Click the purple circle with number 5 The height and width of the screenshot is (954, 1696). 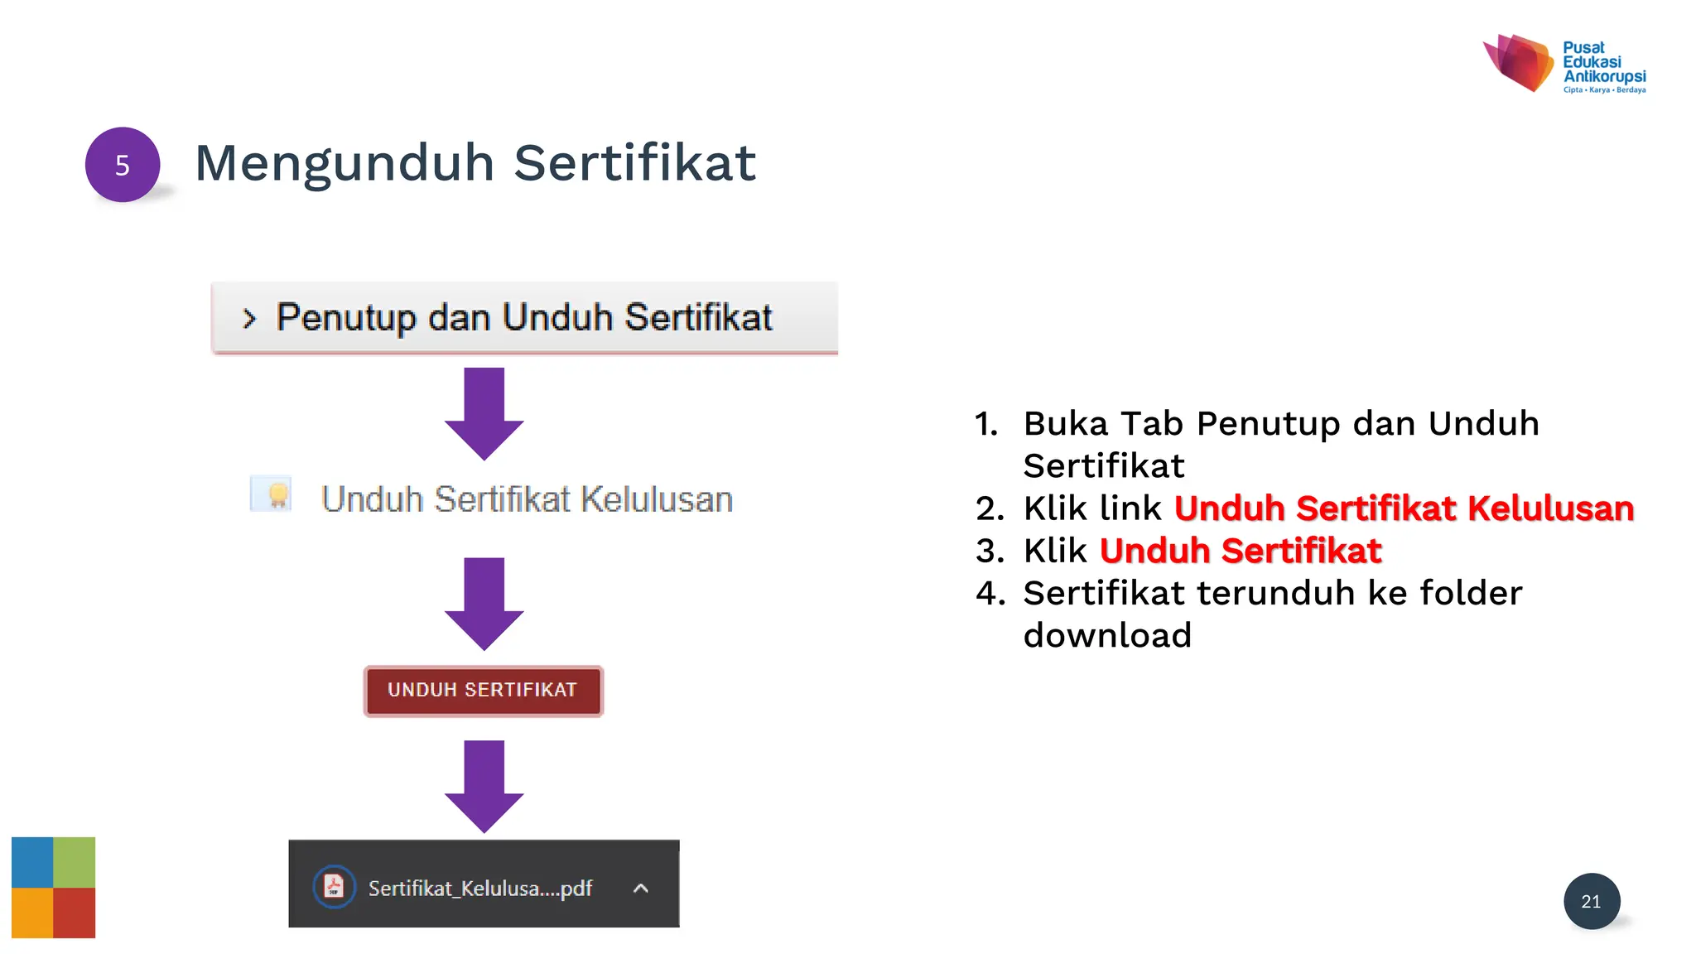tap(123, 165)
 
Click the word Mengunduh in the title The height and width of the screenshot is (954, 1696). tap(344, 163)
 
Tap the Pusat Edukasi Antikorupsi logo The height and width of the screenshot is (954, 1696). tap(1563, 64)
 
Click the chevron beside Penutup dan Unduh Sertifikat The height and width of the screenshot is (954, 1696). tap(249, 319)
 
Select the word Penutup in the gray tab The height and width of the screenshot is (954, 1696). tap(345, 318)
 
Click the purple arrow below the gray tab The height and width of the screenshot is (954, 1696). tap(484, 413)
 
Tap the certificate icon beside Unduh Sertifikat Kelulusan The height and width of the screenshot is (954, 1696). tap(272, 494)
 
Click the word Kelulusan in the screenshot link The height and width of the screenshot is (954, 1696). tap(656, 499)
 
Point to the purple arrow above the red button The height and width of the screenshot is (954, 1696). tap(484, 603)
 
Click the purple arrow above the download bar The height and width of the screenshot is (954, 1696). tap(484, 785)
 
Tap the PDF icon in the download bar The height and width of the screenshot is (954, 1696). tap(334, 887)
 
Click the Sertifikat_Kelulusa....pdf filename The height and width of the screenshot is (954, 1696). tap(479, 889)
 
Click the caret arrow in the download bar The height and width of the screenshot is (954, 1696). tap(640, 889)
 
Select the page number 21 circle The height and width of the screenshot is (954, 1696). tap(1591, 901)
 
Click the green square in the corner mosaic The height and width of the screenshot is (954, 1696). tap(75, 862)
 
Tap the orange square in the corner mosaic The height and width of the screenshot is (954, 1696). tap(32, 913)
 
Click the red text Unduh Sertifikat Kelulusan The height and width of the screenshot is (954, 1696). tap(1404, 508)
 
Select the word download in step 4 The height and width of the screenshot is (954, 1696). tap(1107, 635)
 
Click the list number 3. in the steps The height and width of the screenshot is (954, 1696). tap(990, 552)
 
